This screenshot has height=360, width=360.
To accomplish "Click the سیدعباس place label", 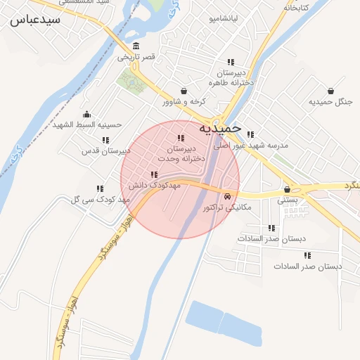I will (34, 20).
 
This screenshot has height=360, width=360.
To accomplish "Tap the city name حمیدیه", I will (220, 129).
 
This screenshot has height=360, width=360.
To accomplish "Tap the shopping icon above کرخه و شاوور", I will (184, 91).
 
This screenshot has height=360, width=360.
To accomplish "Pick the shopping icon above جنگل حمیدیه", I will (330, 91).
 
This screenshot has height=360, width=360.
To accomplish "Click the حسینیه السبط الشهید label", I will (87, 124).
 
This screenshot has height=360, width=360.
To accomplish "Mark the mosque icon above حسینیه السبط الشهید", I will (87, 114).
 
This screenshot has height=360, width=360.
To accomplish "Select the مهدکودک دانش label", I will (155, 185).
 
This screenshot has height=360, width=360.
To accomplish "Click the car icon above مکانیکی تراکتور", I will (228, 197).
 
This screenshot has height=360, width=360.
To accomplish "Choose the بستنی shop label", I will (288, 200).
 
